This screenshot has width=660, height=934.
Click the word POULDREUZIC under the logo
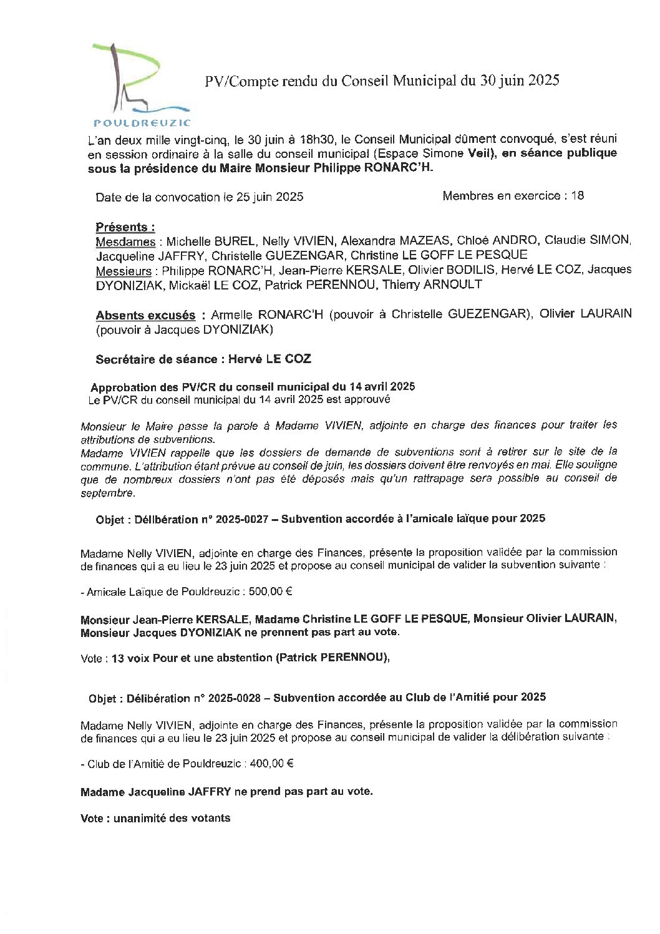click(141, 122)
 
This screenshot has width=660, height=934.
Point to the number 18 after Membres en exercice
click(577, 196)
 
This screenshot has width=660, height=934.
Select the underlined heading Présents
click(125, 227)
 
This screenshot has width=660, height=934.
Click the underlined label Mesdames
click(125, 241)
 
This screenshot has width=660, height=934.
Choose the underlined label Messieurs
click(124, 271)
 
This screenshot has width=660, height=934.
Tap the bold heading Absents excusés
click(145, 316)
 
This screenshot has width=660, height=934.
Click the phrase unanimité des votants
click(172, 818)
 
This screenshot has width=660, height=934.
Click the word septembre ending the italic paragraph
click(107, 492)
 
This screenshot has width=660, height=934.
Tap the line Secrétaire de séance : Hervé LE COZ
click(203, 359)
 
